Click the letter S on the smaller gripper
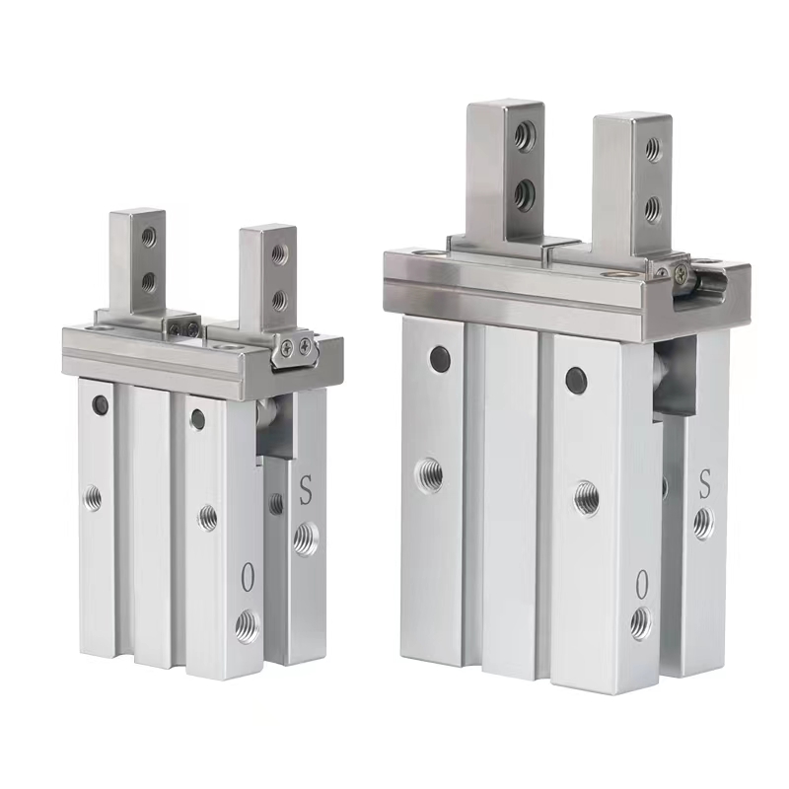[306, 489]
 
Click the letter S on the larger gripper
[705, 484]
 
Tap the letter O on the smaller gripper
[247, 577]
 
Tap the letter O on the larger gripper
[641, 584]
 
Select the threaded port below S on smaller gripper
[306, 538]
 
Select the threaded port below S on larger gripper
[703, 524]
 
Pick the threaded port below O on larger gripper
[640, 623]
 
